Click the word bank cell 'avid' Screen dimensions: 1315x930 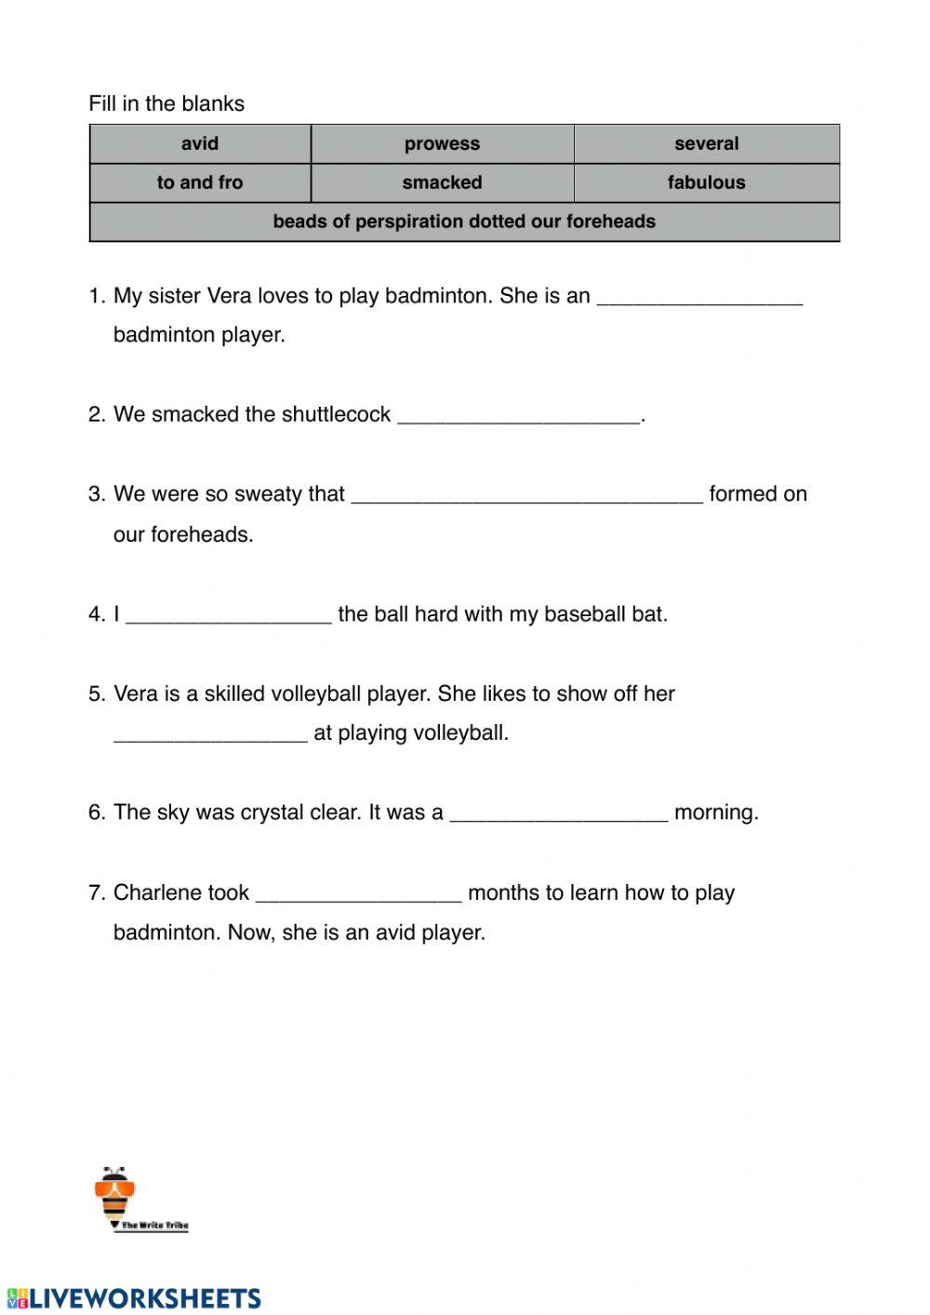click(200, 144)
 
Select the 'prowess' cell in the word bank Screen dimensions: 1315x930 click(442, 144)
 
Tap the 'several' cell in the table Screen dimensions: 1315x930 click(706, 144)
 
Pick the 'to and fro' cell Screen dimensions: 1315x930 click(200, 182)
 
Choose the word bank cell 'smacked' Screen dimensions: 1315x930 click(442, 182)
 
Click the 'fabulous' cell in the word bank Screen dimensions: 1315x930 click(706, 182)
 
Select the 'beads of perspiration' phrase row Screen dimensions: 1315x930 click(464, 221)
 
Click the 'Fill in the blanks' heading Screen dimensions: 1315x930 click(166, 103)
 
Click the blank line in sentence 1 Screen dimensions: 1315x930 click(698, 298)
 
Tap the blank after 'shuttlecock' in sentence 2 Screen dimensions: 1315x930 click(519, 416)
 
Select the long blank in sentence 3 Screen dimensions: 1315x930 click(526, 496)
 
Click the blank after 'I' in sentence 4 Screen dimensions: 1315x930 click(228, 616)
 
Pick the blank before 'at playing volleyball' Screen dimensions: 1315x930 click(210, 735)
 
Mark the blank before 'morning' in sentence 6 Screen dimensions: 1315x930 click(558, 814)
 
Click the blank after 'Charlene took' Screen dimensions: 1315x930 click(358, 894)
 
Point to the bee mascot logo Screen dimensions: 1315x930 click(116, 1195)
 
